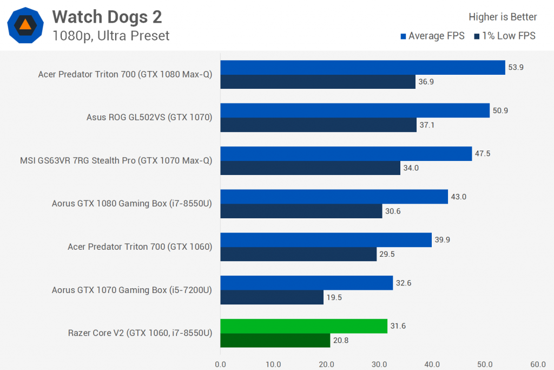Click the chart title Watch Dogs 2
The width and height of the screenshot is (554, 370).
[107, 17]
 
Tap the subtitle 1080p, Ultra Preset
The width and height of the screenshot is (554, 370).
[111, 36]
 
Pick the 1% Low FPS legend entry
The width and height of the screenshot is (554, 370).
[504, 36]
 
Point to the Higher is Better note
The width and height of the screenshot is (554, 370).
[503, 17]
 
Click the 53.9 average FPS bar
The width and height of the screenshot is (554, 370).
[362, 67]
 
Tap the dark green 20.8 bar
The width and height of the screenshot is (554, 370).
[275, 340]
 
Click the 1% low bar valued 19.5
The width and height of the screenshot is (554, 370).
[272, 297]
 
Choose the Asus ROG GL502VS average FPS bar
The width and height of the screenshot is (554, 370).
[355, 111]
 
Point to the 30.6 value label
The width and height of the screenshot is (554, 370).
[393, 211]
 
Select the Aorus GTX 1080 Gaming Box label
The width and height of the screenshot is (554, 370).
[131, 204]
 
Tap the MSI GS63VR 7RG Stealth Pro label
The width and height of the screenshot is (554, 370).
[115, 160]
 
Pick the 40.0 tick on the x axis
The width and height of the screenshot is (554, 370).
[432, 364]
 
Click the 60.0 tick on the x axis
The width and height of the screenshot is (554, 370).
[538, 364]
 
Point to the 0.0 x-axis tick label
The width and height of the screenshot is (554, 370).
[220, 364]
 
